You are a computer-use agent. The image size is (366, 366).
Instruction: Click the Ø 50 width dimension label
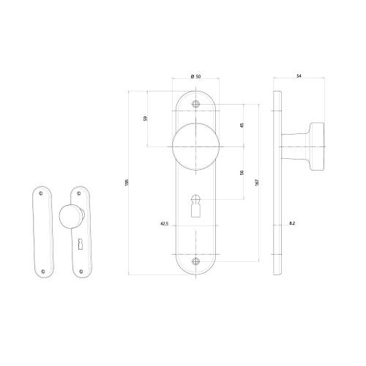pos(195,77)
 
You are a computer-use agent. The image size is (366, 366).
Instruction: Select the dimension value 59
pos(145,119)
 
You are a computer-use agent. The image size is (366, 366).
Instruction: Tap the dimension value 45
pos(242,124)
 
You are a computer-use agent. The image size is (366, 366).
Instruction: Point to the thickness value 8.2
pos(292,223)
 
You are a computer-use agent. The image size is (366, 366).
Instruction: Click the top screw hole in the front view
pos(195,104)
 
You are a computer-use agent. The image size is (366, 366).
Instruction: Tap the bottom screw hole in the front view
pos(195,261)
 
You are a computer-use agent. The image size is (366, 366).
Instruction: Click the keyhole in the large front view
pos(195,206)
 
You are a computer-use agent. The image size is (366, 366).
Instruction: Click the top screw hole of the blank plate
pos(39,194)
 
